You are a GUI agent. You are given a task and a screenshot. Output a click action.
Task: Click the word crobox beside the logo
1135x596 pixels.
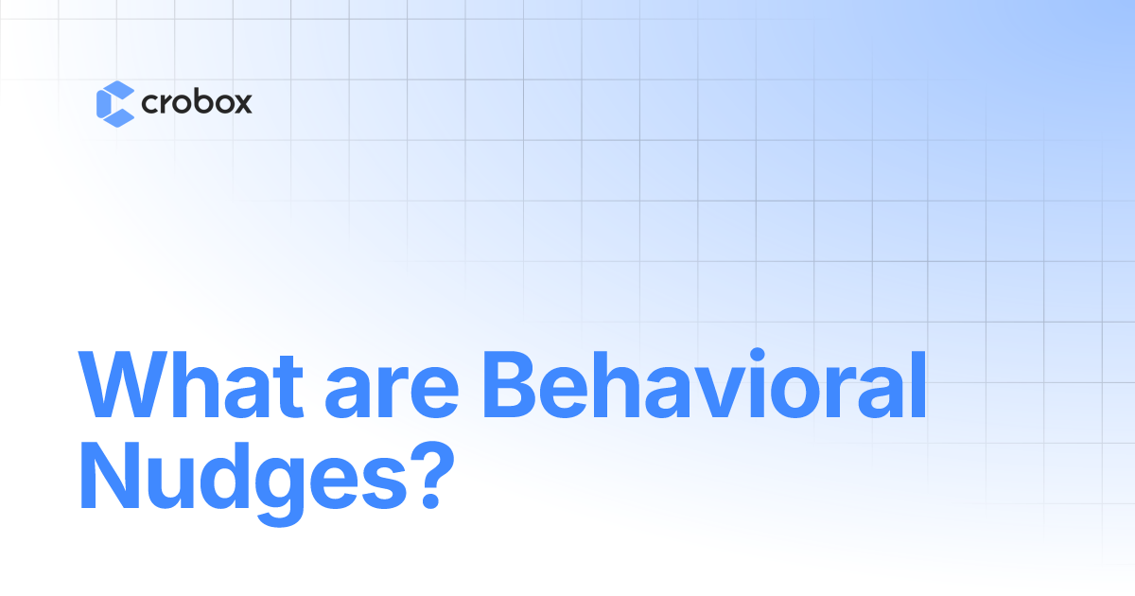[197, 103]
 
